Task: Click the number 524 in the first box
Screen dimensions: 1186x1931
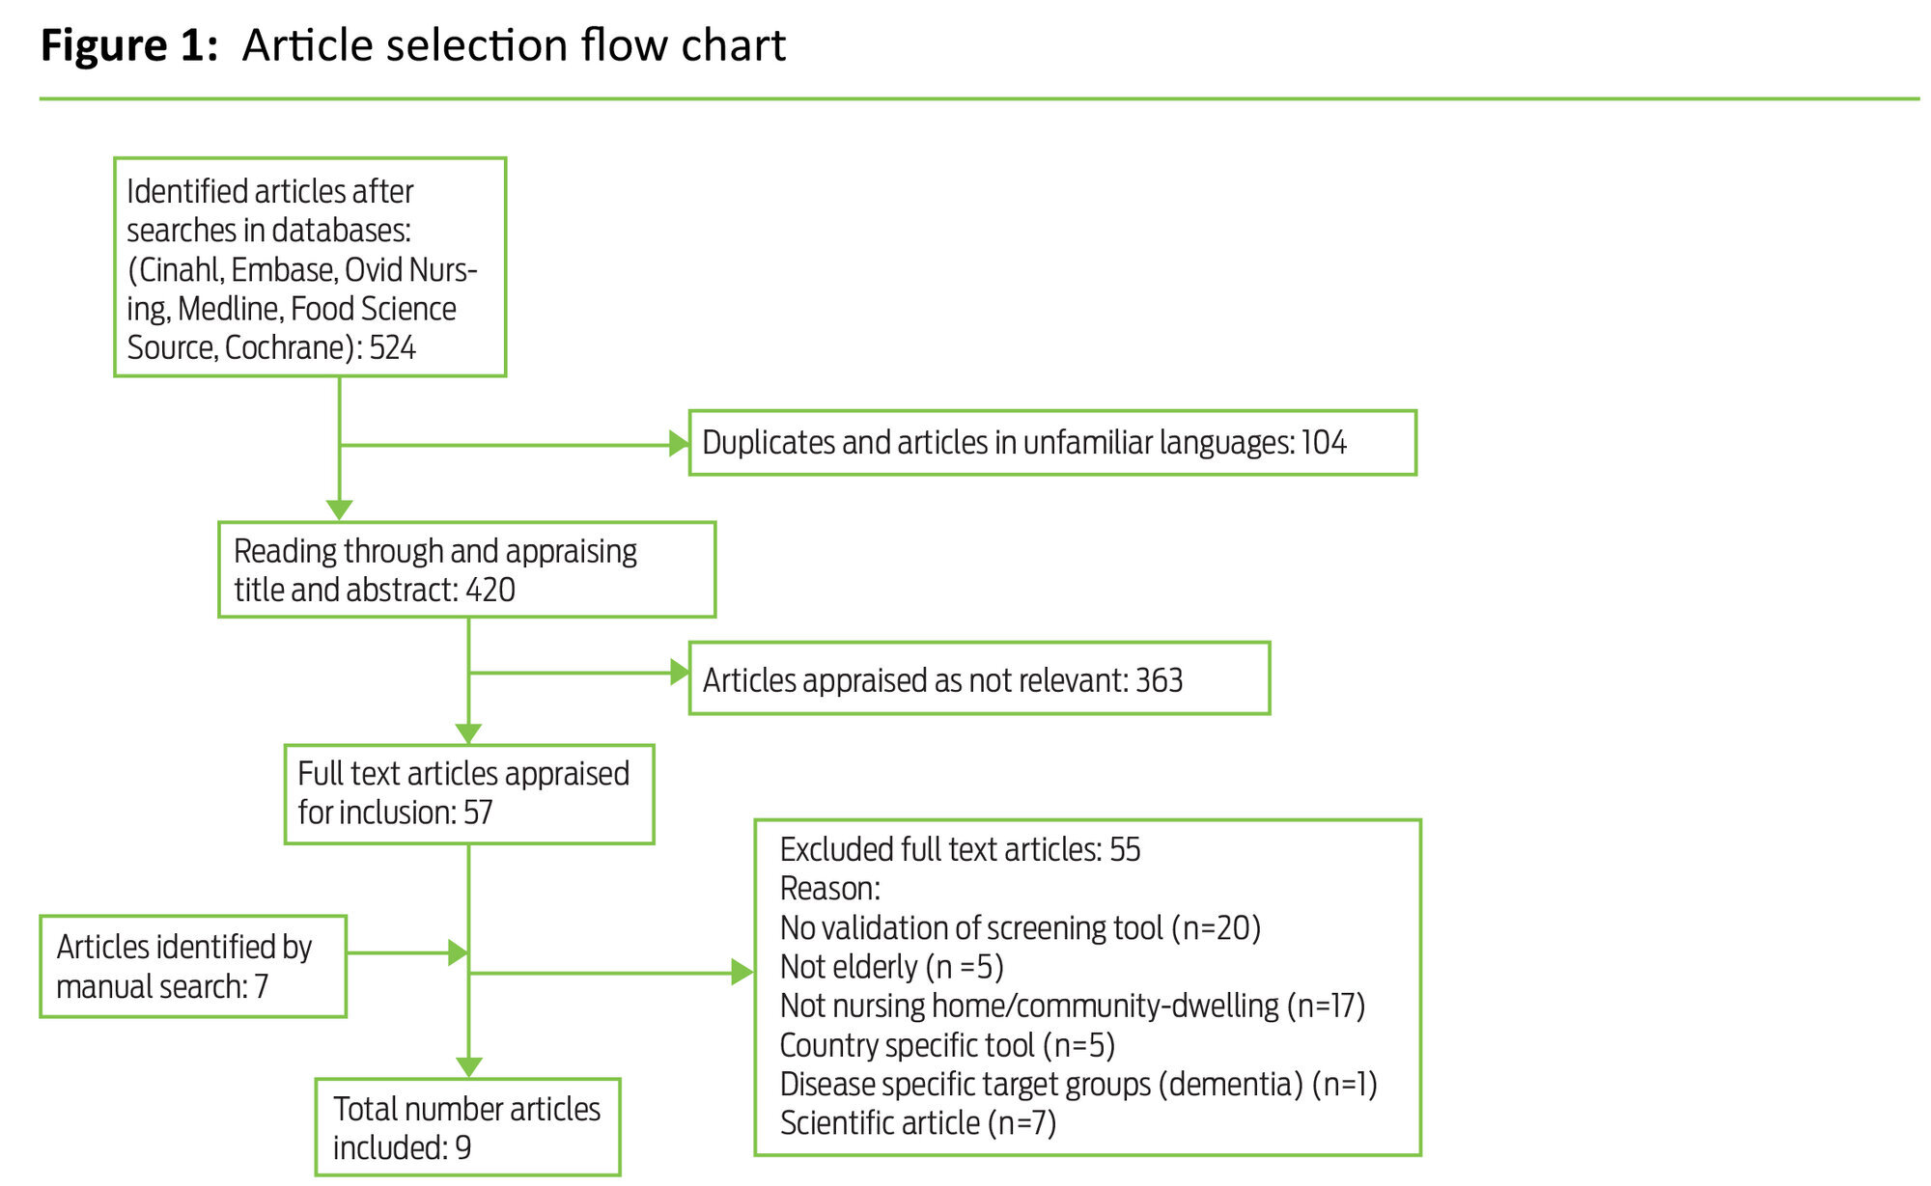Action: point(392,347)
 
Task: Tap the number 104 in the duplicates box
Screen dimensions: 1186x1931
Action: point(1323,443)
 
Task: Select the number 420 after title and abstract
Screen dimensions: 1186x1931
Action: point(490,590)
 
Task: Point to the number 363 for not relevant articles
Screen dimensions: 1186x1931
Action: point(1159,680)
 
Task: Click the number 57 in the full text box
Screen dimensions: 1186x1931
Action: point(478,813)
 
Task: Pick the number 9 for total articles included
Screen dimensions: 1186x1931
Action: point(463,1147)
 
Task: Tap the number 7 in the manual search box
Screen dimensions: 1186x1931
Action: point(261,986)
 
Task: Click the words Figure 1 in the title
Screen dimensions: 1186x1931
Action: point(129,45)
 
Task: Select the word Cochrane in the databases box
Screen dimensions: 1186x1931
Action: point(284,347)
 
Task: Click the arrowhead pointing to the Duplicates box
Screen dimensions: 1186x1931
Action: point(680,444)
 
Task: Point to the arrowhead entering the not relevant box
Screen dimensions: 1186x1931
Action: point(680,673)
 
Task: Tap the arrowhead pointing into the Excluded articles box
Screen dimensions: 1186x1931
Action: point(742,972)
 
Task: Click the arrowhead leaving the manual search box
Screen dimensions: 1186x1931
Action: point(459,952)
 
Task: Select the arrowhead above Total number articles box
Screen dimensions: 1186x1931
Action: point(468,1067)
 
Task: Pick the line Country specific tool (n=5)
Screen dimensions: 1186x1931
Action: point(946,1045)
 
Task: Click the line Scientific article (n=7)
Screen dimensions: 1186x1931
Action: point(917,1123)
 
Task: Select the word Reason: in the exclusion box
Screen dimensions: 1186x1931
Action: point(829,889)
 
